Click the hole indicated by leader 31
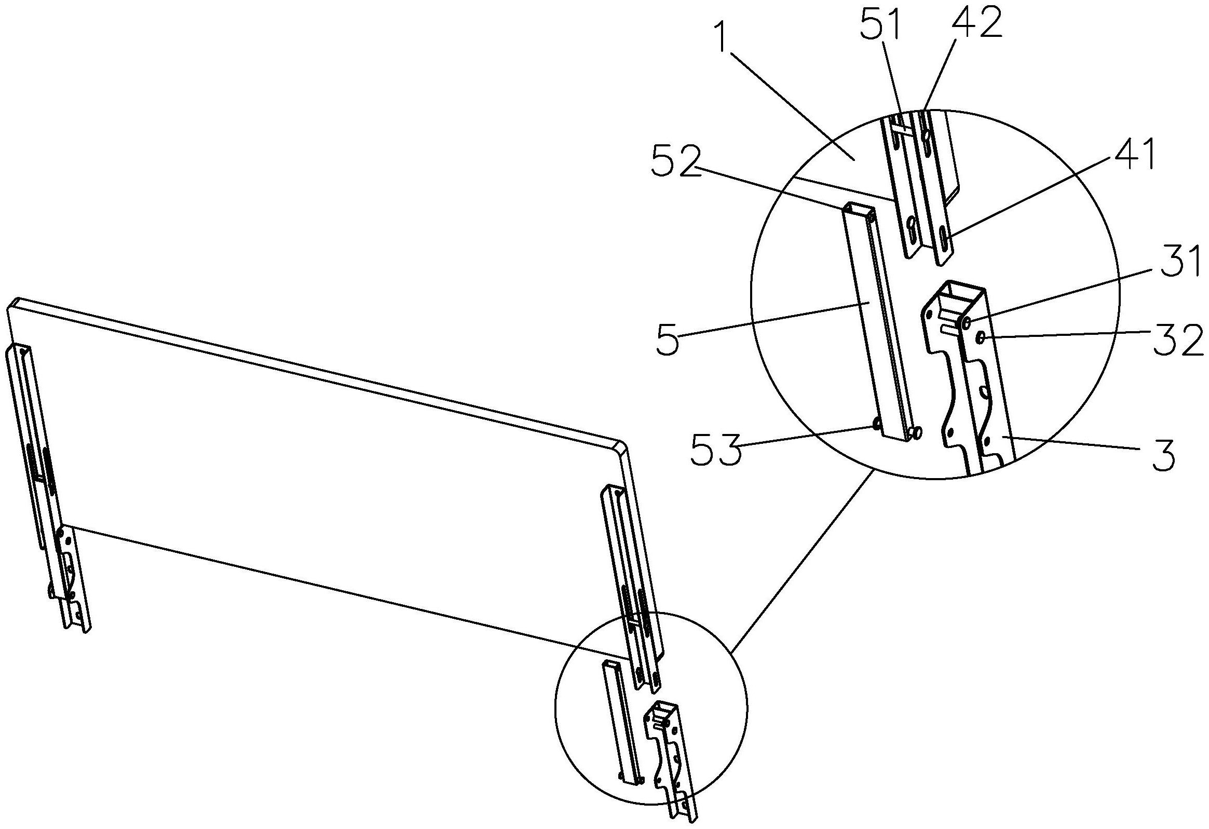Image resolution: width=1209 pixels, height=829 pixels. pyautogui.click(x=967, y=323)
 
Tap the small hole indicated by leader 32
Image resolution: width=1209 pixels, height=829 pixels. pyautogui.click(x=981, y=338)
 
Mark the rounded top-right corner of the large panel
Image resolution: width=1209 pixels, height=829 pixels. pyautogui.click(x=620, y=446)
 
